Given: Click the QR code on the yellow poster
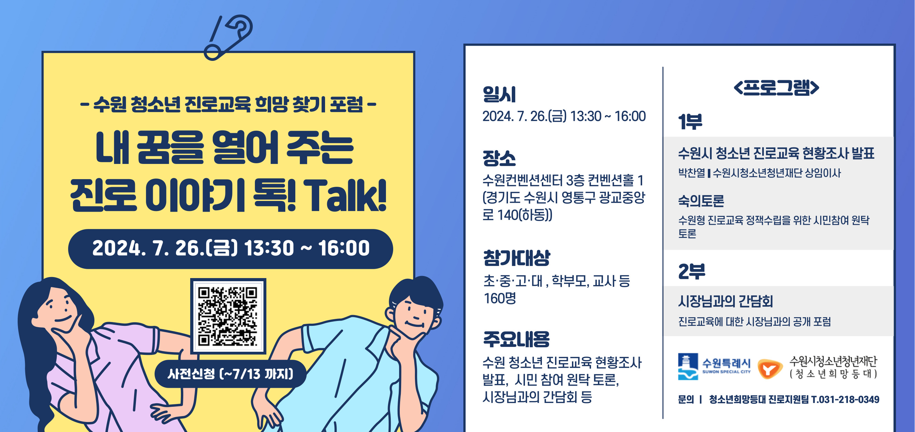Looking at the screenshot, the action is point(228,316).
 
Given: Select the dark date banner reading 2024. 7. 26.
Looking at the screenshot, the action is point(231,249).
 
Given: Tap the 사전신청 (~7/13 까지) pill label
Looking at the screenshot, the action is point(231,374).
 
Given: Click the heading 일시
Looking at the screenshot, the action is point(499,94).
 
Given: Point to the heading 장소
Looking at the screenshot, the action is point(499,158).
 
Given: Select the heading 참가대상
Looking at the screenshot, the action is point(517,258).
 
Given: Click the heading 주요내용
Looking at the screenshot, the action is point(517,339).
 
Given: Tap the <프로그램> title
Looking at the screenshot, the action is point(776,88).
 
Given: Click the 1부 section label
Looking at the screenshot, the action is point(690,121).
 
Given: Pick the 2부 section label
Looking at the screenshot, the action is point(691,272).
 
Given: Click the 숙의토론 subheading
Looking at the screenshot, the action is point(701,201).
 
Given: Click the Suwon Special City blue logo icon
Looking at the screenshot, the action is point(688,367).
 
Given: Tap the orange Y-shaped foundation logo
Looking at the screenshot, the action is point(770,369).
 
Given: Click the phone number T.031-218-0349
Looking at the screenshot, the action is point(845,400).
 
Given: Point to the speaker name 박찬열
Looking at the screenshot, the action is point(691,173).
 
